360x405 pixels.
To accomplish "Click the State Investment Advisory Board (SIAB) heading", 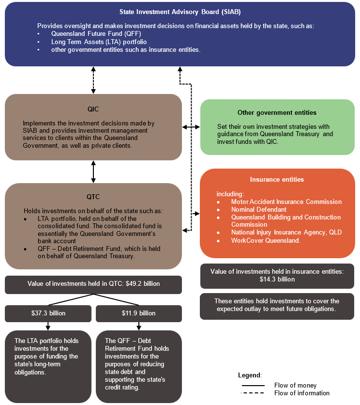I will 180,11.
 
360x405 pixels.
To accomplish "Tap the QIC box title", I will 93,109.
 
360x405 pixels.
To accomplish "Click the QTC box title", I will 93,197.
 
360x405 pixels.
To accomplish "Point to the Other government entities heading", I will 277,112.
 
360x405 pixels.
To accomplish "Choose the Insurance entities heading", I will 277,179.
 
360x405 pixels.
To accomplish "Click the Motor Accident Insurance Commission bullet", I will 286,202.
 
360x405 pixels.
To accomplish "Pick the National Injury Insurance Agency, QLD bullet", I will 286,233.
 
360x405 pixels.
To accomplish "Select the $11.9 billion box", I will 138,313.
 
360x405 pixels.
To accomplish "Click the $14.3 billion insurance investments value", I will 277,279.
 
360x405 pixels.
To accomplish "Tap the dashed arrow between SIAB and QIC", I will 93,79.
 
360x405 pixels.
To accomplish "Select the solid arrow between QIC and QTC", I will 93,171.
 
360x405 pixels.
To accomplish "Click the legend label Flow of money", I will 295,386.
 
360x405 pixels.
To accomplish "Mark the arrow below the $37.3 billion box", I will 48,326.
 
